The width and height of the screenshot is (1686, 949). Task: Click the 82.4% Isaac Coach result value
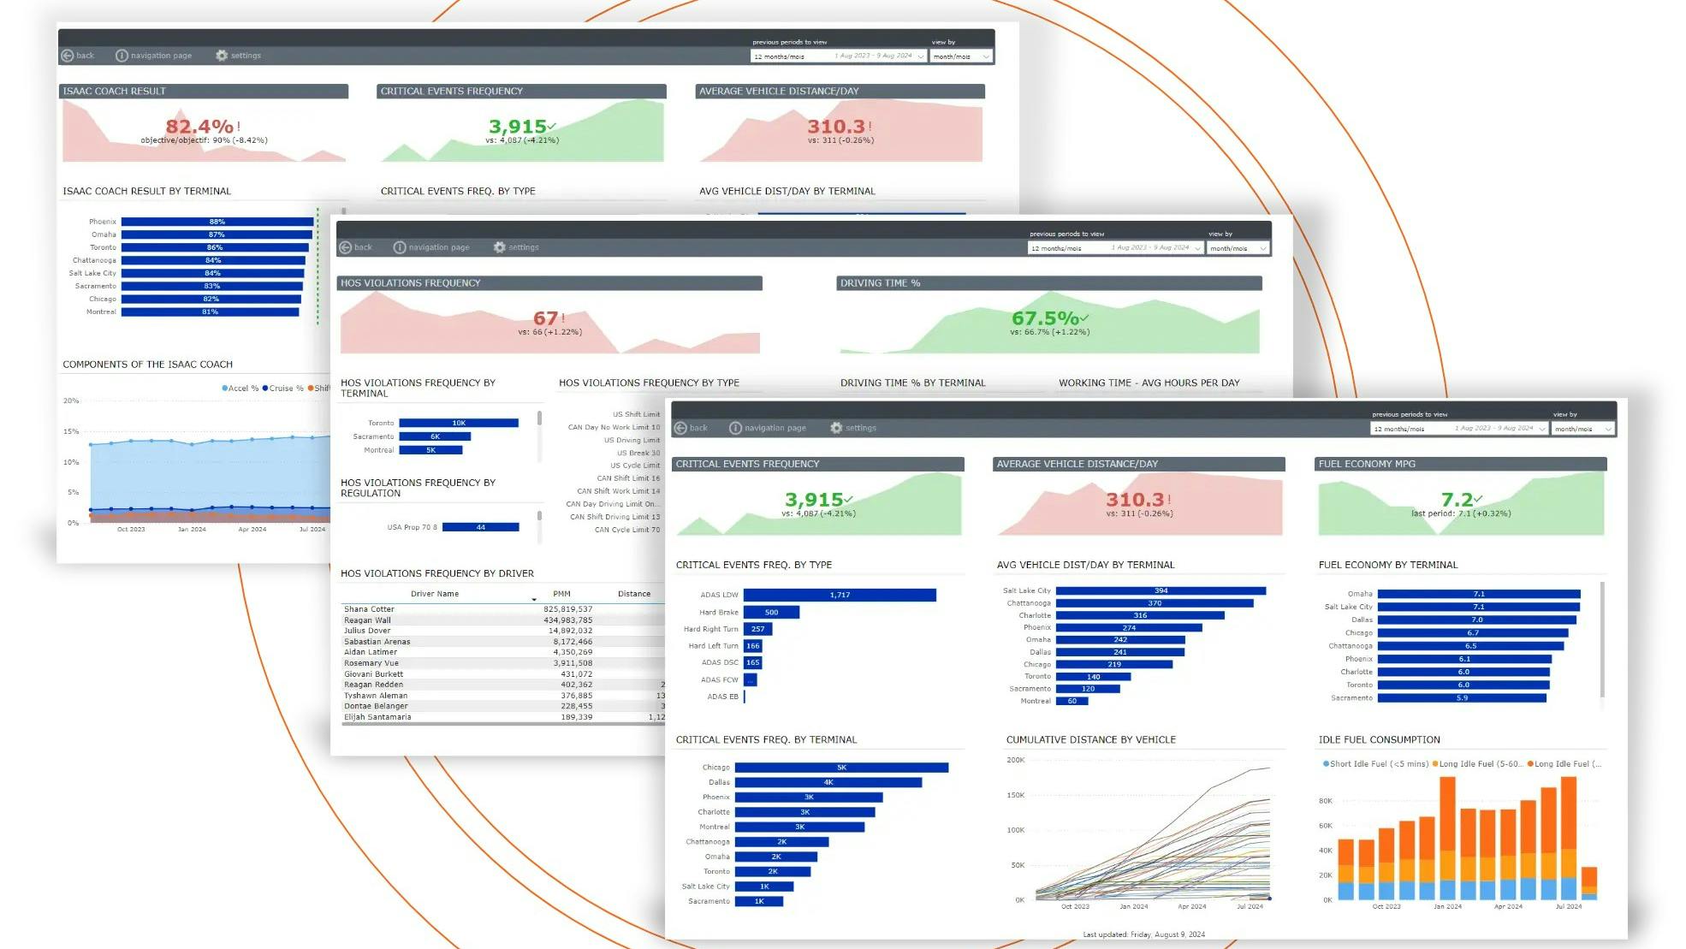click(x=199, y=127)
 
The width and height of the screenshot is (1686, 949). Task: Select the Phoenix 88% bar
click(x=217, y=222)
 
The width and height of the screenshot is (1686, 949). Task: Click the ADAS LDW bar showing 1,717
click(x=839, y=595)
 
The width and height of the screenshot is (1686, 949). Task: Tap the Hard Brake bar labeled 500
click(x=771, y=612)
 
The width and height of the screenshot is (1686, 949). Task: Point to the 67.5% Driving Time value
click(x=1045, y=318)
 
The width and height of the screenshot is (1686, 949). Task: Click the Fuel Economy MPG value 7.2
click(x=1457, y=499)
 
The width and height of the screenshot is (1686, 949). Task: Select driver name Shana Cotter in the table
click(x=369, y=609)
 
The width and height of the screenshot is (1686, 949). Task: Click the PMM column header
click(x=561, y=594)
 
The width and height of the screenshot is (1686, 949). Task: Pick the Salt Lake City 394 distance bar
click(x=1160, y=590)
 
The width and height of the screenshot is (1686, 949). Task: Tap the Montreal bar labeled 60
click(x=1072, y=701)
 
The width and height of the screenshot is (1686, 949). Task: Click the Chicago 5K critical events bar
click(x=840, y=768)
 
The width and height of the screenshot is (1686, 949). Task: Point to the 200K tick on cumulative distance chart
click(x=1015, y=760)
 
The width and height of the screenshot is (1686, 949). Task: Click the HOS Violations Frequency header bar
click(x=549, y=283)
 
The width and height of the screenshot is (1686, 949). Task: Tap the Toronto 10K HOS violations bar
click(x=459, y=423)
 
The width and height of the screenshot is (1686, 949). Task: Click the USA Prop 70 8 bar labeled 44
click(x=480, y=527)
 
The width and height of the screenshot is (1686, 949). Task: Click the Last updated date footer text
click(x=1143, y=934)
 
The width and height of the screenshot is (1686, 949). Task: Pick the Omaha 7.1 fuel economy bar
click(x=1478, y=594)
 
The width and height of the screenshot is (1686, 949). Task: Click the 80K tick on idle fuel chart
click(x=1326, y=801)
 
